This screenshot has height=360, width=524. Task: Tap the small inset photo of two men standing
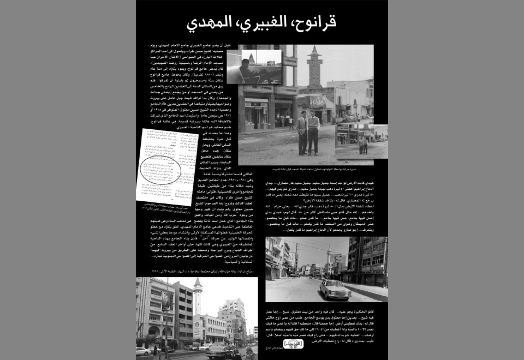pyautogui.click(x=361, y=141)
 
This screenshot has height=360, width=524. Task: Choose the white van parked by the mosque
pyautogui.click(x=205, y=346)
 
